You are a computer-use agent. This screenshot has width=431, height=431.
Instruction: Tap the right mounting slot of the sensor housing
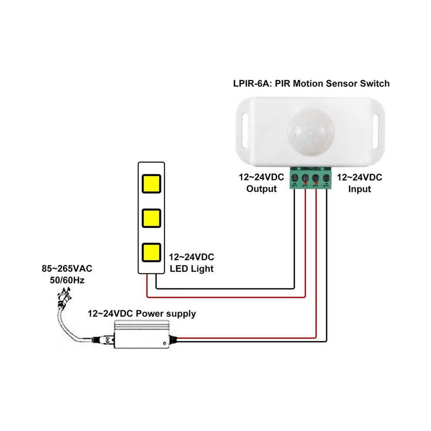pyautogui.click(x=376, y=131)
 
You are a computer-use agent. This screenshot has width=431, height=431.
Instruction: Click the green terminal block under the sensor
pyautogui.click(x=310, y=178)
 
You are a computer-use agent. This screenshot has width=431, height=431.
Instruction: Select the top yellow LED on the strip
pyautogui.click(x=151, y=184)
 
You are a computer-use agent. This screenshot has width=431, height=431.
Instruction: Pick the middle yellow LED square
pyautogui.click(x=151, y=218)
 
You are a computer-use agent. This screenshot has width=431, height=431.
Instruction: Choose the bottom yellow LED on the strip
pyautogui.click(x=151, y=253)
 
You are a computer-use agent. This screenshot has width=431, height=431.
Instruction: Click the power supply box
pyautogui.click(x=142, y=334)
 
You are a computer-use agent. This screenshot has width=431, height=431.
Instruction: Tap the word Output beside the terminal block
pyautogui.click(x=261, y=189)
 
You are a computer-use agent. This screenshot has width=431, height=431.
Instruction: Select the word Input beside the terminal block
pyautogui.click(x=360, y=189)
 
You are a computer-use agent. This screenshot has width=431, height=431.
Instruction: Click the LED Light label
pyautogui.click(x=192, y=269)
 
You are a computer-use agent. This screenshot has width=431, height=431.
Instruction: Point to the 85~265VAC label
pyautogui.click(x=67, y=269)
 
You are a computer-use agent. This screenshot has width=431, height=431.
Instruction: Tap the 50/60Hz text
pyautogui.click(x=67, y=280)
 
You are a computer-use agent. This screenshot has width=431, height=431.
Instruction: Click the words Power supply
pyautogui.click(x=166, y=314)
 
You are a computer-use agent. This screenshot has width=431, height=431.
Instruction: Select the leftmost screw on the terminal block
pyautogui.click(x=294, y=177)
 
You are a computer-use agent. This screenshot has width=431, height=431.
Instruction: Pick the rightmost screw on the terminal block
pyautogui.click(x=326, y=177)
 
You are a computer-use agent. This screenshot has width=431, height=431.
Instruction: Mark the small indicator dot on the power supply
pyautogui.click(x=165, y=343)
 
